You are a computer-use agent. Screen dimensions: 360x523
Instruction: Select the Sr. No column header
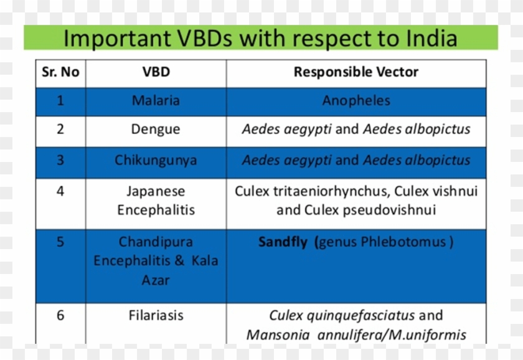tap(60, 72)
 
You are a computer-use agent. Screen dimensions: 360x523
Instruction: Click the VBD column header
tap(156, 72)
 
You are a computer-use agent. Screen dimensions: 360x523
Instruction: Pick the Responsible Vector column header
tap(356, 72)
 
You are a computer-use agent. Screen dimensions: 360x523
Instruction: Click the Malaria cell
tap(156, 100)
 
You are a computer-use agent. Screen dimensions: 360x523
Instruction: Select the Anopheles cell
tap(356, 100)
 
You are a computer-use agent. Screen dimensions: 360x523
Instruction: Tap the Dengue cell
tap(156, 130)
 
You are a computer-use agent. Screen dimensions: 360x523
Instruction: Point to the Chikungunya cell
tap(156, 160)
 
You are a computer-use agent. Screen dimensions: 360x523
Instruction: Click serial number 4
tap(60, 191)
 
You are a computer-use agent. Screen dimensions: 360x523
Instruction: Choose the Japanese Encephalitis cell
tap(156, 201)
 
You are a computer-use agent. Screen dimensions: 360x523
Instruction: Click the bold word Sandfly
tap(283, 242)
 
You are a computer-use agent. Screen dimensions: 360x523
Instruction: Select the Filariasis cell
tap(156, 315)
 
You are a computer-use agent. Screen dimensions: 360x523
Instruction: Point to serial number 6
tap(60, 315)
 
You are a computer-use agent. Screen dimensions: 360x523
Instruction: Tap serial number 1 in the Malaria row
tap(60, 100)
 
